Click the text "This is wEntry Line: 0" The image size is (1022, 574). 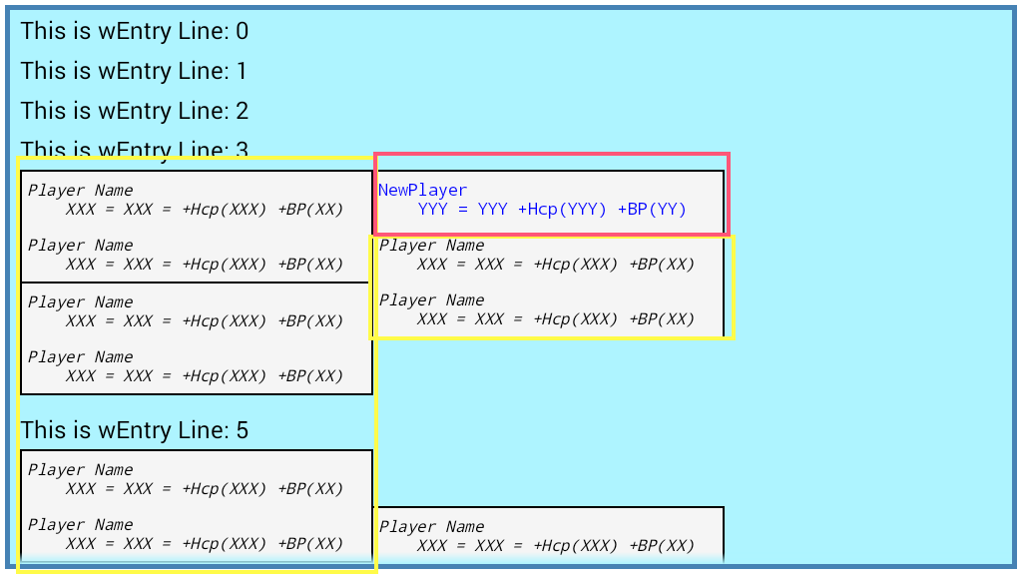[x=134, y=32]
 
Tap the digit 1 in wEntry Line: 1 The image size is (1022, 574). [x=242, y=72]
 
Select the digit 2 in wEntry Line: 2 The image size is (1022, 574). [x=242, y=112]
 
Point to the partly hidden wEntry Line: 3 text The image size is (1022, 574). [x=134, y=149]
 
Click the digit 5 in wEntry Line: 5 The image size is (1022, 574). [x=242, y=431]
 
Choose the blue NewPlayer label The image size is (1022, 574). [x=422, y=191]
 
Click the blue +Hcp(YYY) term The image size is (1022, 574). [x=562, y=210]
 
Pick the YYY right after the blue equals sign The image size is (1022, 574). [x=492, y=210]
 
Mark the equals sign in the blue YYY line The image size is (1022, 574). [x=462, y=210]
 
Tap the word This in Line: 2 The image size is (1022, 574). [x=41, y=112]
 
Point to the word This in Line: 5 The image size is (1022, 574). [x=41, y=431]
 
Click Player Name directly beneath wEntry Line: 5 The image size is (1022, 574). [x=80, y=470]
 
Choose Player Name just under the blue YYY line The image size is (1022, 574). [x=431, y=246]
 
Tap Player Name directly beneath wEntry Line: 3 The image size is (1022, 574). [x=80, y=191]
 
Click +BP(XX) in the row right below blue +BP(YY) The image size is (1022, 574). [x=662, y=265]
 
